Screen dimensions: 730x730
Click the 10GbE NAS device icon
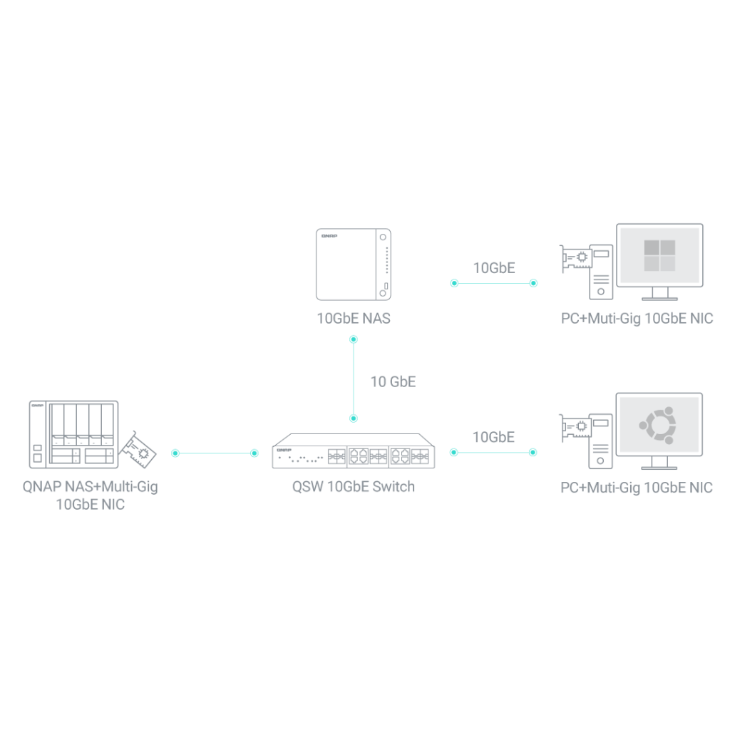354,264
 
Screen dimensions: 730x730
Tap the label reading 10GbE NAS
354,319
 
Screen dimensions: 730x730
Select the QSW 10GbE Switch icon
354,451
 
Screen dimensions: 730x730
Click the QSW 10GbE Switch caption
354,486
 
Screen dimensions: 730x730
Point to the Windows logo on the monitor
659,255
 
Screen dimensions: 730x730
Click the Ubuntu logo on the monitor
658,425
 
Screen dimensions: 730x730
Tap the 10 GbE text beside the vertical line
393,382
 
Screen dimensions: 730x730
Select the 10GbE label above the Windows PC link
494,268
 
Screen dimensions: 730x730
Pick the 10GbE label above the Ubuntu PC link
493,437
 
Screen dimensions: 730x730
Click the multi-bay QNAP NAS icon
73,434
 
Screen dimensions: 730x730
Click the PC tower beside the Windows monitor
601,272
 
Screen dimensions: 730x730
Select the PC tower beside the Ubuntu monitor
600,441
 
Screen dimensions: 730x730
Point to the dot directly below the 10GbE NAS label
354,339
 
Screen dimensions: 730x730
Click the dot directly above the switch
354,418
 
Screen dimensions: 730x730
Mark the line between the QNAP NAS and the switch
215,453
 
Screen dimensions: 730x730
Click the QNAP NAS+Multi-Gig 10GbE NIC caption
91,495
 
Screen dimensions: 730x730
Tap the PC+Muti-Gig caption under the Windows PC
637,319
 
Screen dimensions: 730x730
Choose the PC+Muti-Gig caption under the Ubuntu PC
637,488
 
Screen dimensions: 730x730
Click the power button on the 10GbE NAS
383,237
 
